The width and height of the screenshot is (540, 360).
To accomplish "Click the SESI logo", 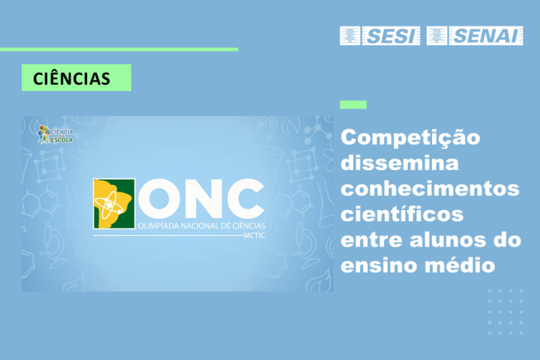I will tap(380, 36).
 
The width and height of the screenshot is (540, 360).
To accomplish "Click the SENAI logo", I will tap(475, 36).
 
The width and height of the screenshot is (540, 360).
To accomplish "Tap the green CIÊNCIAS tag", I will tap(76, 78).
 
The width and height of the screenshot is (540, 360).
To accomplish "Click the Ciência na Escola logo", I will tap(56, 133).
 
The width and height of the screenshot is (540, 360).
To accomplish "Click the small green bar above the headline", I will tap(353, 105).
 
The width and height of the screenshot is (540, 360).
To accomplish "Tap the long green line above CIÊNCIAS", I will tap(119, 49).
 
